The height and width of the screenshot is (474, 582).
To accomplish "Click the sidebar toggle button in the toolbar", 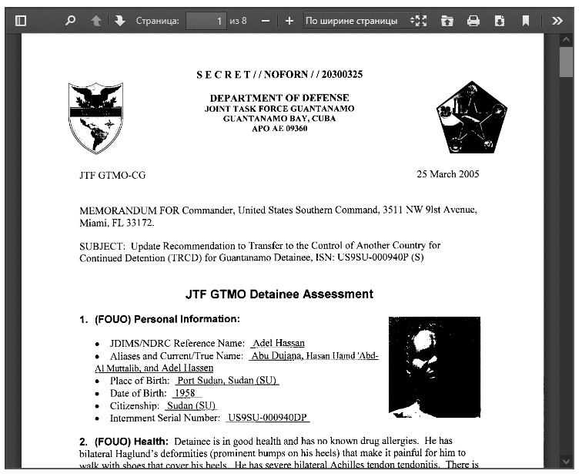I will (x=21, y=21).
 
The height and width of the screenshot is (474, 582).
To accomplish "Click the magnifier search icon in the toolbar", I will (x=71, y=21).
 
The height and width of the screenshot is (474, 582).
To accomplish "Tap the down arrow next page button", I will (x=119, y=21).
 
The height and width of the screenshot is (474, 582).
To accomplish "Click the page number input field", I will (x=206, y=21).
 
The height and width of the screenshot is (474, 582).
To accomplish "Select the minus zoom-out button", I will (x=266, y=21).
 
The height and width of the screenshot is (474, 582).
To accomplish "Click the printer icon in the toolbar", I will (x=473, y=21).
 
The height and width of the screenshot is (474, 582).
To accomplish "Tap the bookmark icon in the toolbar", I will (x=526, y=21).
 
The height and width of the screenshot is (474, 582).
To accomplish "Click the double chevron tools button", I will (x=557, y=21).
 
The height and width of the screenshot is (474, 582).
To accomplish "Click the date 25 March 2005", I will (x=447, y=174).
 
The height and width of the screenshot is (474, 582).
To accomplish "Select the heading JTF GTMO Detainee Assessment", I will (x=279, y=294).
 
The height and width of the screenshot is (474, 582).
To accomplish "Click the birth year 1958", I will (x=185, y=393).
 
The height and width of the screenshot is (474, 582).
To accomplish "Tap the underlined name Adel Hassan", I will (x=278, y=343).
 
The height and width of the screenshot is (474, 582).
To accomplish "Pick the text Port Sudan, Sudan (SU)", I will (x=227, y=381).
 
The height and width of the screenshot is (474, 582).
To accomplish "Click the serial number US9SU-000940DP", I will (x=268, y=418).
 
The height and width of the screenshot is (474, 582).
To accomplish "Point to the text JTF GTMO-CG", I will (x=112, y=175).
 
